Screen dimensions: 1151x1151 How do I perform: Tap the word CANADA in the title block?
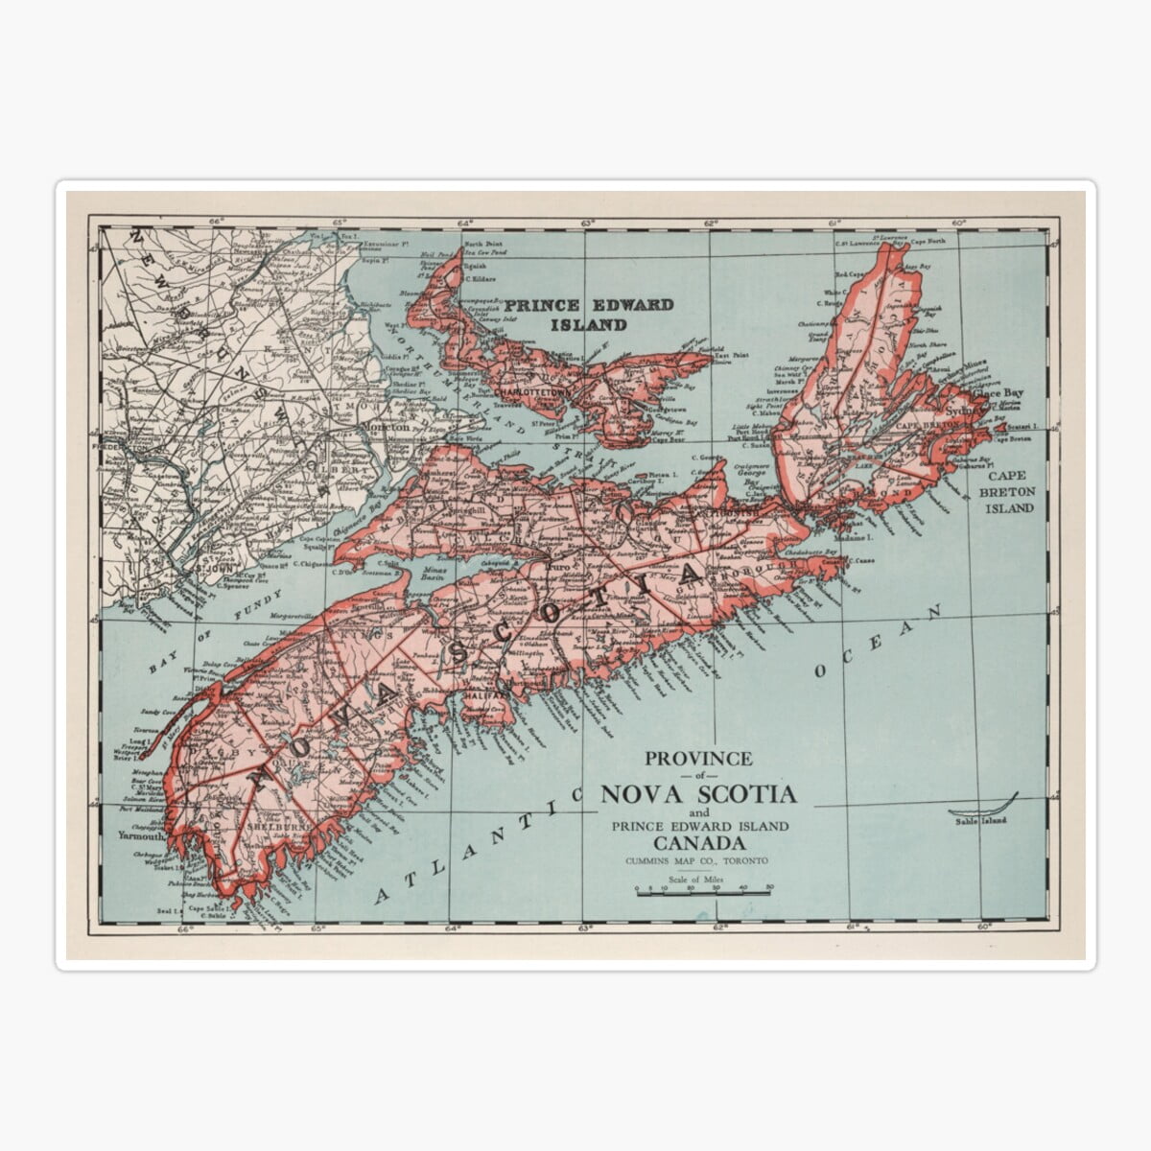tap(697, 843)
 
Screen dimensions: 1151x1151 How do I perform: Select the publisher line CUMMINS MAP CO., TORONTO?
tap(697, 861)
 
